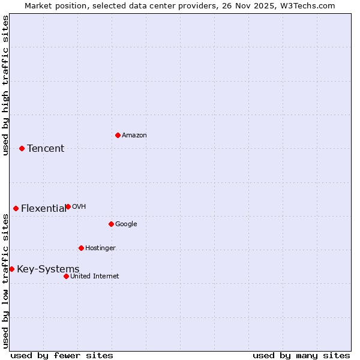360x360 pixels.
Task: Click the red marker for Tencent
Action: pos(22,148)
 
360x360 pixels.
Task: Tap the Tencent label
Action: pos(46,149)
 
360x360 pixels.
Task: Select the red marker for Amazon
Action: pos(118,135)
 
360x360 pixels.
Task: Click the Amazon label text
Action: pos(134,136)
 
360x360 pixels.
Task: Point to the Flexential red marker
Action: pos(16,208)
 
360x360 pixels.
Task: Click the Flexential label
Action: pos(43,209)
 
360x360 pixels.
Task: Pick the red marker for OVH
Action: pos(68,206)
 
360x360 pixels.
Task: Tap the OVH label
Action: pos(79,207)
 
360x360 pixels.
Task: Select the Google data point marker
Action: pos(111,224)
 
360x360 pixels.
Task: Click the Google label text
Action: pos(126,224)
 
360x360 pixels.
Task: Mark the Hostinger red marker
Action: pos(81,248)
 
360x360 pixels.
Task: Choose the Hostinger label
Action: pos(100,248)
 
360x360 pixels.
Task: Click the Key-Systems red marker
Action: pos(11,269)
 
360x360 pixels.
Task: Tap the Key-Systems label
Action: pos(48,269)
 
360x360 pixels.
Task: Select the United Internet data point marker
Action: pos(66,276)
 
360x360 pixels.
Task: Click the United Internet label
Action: pos(94,277)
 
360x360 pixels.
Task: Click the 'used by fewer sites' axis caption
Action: pos(62,355)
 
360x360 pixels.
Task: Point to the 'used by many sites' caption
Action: pos(301,355)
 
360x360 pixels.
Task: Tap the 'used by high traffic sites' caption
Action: pos(6,86)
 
